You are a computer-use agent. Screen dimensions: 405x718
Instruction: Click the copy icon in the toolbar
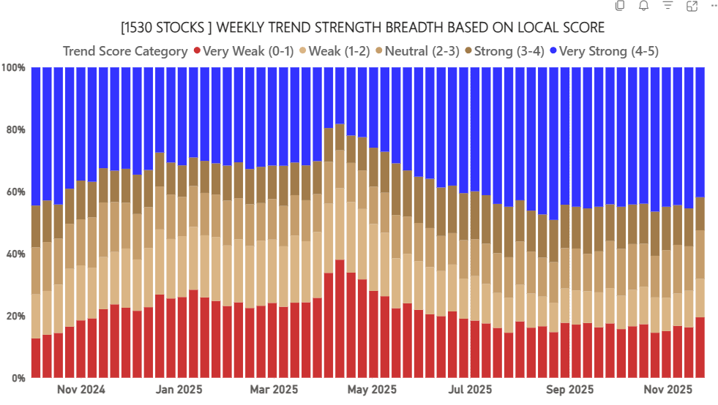(x=620, y=7)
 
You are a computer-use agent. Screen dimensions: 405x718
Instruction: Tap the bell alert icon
(x=643, y=7)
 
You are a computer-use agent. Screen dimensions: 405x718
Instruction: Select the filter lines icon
(x=667, y=7)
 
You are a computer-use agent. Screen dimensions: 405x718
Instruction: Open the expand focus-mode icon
(x=692, y=7)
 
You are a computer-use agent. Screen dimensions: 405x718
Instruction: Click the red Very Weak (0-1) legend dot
(x=197, y=51)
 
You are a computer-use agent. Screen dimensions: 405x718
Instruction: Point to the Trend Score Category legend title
(x=125, y=51)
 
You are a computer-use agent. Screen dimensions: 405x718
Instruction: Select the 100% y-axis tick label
(x=13, y=68)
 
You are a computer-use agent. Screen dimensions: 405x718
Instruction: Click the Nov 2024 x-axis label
(x=81, y=390)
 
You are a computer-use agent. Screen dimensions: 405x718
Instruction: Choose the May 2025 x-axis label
(x=372, y=390)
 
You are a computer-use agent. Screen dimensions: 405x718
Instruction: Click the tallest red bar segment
(x=340, y=319)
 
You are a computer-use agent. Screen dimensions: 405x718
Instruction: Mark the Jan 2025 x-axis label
(x=179, y=390)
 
